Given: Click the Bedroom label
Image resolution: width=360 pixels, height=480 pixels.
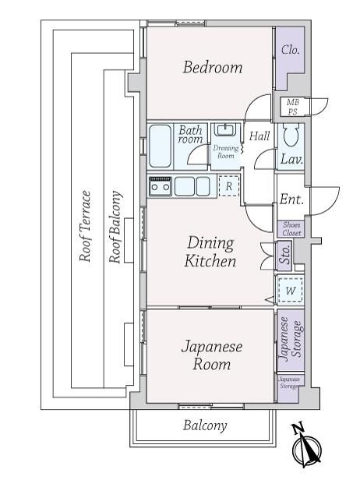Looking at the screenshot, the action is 213,67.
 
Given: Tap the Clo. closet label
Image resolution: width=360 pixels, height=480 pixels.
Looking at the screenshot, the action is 290,50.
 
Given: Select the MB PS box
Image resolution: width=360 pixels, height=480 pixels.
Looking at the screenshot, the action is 293,107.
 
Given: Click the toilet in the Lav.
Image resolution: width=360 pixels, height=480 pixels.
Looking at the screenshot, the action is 291,136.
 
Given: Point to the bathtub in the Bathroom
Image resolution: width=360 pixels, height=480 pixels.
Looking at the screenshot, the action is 160,146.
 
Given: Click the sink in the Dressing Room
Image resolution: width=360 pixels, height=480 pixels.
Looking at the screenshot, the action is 225,129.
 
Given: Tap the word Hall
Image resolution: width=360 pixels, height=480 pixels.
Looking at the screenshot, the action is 259,136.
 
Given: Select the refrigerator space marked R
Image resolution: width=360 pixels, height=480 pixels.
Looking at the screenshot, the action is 228,186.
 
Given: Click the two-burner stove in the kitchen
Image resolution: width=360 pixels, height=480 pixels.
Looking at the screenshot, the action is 160,186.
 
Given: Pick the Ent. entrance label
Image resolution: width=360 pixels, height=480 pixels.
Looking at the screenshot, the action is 291,199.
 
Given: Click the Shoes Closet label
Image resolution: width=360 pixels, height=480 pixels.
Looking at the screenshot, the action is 291,229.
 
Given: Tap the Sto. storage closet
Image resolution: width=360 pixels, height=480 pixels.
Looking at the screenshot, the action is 284,256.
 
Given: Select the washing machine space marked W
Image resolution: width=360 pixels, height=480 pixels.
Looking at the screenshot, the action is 290,290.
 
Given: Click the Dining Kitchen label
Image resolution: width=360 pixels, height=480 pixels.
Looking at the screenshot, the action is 210,252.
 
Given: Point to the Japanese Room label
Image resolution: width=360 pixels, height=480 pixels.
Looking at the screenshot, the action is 212,355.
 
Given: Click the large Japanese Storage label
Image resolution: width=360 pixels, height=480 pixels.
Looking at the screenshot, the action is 291,340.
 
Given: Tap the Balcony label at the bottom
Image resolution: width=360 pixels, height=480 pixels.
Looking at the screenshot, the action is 205,425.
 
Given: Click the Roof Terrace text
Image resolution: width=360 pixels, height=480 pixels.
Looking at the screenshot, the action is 85,227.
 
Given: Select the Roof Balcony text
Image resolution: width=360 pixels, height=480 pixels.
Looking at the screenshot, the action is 115,227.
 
